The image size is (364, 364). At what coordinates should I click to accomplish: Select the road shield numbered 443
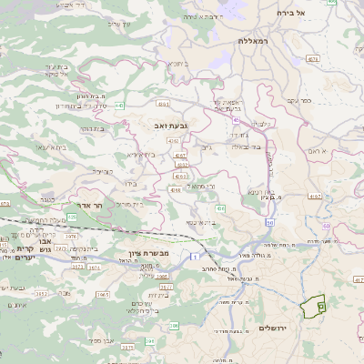pos(120,106)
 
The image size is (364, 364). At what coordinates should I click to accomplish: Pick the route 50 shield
pos(270,222)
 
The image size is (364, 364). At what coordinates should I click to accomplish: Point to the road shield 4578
pos(311,59)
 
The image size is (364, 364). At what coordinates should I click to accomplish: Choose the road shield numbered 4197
pos(314,195)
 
